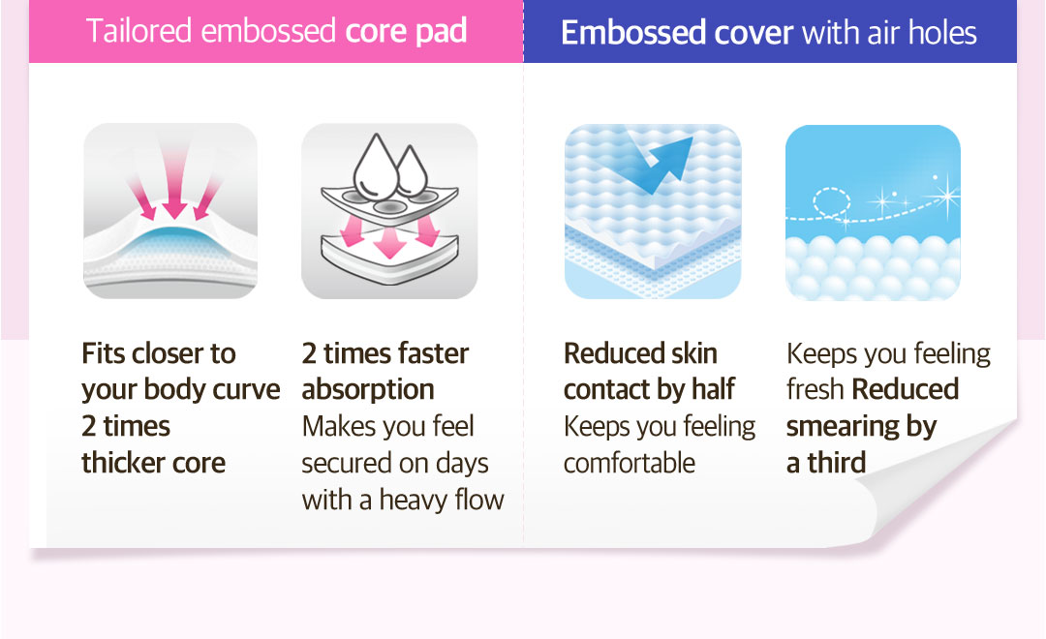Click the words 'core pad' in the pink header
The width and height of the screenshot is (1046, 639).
coord(406,32)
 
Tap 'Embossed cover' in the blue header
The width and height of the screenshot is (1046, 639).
coord(677,32)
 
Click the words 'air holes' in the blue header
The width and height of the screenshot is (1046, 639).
coord(923,32)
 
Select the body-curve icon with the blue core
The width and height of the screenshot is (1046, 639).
coord(170,211)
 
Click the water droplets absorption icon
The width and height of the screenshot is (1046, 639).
coord(389,211)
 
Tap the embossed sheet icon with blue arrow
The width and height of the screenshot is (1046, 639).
coord(653,211)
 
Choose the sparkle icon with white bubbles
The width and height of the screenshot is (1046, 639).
coord(873,212)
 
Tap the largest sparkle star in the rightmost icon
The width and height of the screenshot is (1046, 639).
coord(945,197)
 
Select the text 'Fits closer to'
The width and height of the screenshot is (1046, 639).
coord(159,353)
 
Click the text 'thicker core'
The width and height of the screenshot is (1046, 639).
coord(153,462)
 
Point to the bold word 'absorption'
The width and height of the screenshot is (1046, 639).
coord(368,390)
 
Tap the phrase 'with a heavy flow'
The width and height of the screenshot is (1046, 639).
coord(403,500)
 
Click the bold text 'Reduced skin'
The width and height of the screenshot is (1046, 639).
coord(640,353)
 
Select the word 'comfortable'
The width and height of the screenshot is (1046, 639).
coord(630,463)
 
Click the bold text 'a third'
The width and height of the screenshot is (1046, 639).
coord(826,462)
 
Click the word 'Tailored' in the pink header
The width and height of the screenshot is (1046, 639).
coord(138,32)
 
